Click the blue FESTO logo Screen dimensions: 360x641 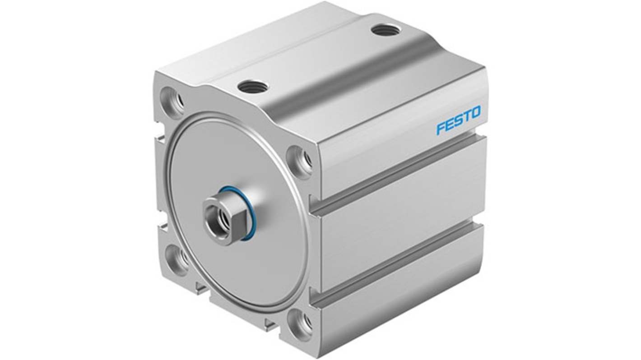[x=458, y=120]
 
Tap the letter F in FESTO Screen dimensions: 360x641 [x=441, y=128]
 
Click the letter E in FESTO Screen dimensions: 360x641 [x=449, y=125]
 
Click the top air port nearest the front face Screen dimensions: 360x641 [x=253, y=86]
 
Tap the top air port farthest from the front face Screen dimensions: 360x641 [x=386, y=30]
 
